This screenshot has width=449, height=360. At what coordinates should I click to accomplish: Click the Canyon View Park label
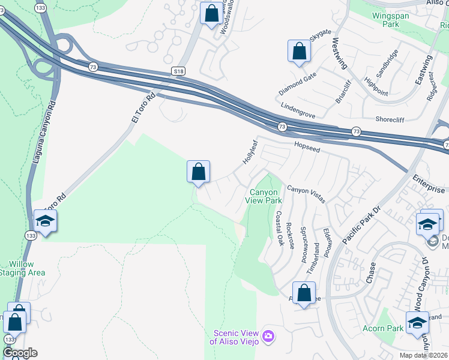tap(265, 197)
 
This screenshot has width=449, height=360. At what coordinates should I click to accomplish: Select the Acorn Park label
tap(383, 328)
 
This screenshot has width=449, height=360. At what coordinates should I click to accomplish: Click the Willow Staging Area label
tap(27, 268)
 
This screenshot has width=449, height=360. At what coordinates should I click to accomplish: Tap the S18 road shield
tap(178, 71)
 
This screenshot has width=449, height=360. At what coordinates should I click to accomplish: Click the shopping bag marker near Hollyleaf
tap(198, 172)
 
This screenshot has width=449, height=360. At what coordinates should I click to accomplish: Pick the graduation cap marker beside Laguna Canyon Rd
tap(45, 221)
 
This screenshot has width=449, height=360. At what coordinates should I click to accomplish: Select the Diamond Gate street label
tap(297, 84)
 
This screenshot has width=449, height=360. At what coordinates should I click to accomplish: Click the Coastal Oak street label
tap(279, 228)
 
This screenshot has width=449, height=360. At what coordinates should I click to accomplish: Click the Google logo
tap(20, 353)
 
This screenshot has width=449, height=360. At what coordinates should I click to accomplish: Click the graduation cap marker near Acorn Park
tap(417, 323)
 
